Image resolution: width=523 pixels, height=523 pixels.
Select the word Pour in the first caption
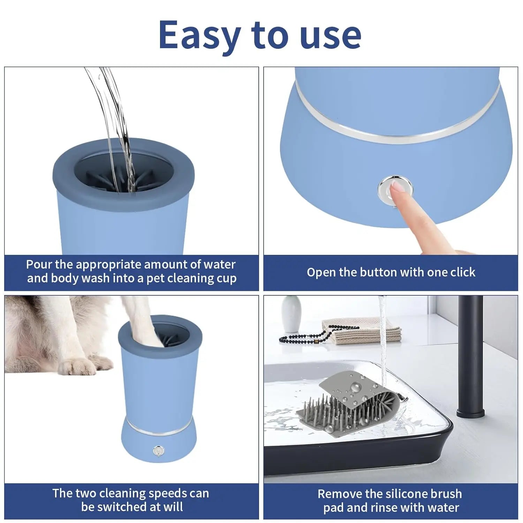39,264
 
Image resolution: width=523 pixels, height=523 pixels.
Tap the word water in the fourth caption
443,508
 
